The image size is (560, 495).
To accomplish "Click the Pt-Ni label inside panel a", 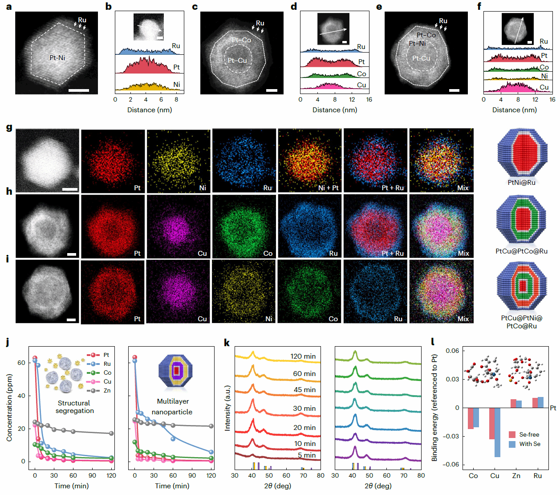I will click(x=57, y=57).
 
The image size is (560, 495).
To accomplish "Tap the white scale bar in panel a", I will click(x=79, y=90).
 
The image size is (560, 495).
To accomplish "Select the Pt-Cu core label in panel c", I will click(x=237, y=61).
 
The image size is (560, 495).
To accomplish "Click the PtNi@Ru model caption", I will click(x=521, y=182).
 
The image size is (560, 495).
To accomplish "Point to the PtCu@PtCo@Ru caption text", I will click(x=521, y=251).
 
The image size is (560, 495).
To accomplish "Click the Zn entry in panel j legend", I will click(x=107, y=391).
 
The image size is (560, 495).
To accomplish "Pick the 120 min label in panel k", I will click(x=303, y=356).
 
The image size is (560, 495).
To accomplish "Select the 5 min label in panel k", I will click(x=307, y=455).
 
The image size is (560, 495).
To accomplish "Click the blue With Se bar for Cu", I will click(x=497, y=432).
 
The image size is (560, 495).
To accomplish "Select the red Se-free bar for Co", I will click(x=471, y=418).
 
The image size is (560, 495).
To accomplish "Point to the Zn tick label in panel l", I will click(x=516, y=476).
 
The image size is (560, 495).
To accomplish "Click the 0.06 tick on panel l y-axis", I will click(x=452, y=351).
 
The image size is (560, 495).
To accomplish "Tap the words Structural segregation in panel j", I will click(x=74, y=407).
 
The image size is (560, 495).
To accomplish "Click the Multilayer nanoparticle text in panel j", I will click(x=172, y=407).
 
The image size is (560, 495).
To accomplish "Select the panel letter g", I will click(x=9, y=127).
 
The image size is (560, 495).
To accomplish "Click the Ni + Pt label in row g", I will click(x=328, y=188).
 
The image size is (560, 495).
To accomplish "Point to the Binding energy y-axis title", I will click(x=435, y=408).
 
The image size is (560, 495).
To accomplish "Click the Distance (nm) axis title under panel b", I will click(x=150, y=110).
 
